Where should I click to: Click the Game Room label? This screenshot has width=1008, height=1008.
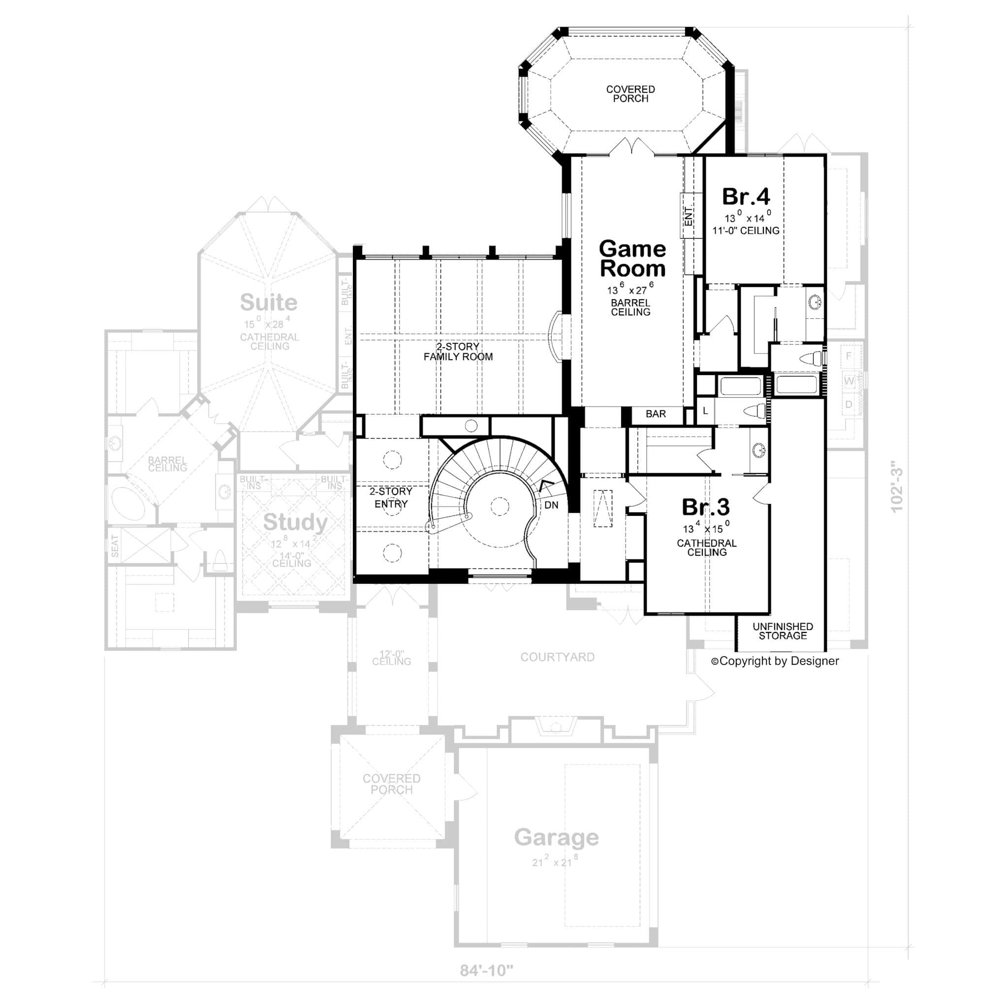click(x=632, y=259)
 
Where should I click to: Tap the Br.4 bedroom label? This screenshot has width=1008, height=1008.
click(x=746, y=197)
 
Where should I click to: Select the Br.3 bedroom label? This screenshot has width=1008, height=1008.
click(x=705, y=506)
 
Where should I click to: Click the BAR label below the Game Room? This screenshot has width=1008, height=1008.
click(x=655, y=414)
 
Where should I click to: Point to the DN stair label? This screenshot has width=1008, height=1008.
click(x=551, y=505)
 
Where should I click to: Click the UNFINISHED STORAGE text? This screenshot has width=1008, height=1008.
click(x=782, y=631)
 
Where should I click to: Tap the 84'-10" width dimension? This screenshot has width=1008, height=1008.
click(x=486, y=971)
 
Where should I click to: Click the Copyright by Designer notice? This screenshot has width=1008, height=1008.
click(x=775, y=661)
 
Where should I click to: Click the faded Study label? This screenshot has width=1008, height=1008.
click(x=295, y=522)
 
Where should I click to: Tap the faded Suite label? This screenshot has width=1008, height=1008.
click(x=268, y=302)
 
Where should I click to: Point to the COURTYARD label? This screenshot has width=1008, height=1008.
click(x=557, y=657)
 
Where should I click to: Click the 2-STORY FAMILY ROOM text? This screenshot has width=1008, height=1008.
click(x=458, y=351)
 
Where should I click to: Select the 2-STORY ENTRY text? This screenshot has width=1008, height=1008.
click(x=391, y=497)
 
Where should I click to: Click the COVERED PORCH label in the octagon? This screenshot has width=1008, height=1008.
click(x=630, y=94)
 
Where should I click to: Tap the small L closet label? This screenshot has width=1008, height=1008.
click(x=705, y=410)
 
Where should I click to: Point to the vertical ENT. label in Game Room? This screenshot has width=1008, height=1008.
click(x=689, y=216)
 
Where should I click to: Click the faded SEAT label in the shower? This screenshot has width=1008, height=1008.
click(x=115, y=546)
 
